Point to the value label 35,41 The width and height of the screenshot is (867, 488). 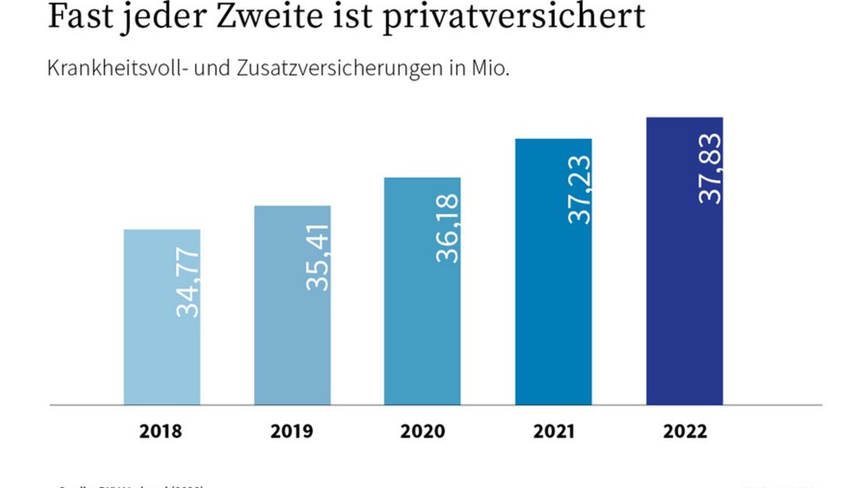[318, 257]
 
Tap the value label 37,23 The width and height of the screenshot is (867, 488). [578, 189]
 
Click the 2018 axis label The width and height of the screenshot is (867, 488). [162, 432]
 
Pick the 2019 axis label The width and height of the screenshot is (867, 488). [292, 432]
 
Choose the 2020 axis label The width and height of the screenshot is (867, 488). [423, 432]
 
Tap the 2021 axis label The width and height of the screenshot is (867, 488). [553, 432]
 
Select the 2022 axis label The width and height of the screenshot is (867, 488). [684, 432]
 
